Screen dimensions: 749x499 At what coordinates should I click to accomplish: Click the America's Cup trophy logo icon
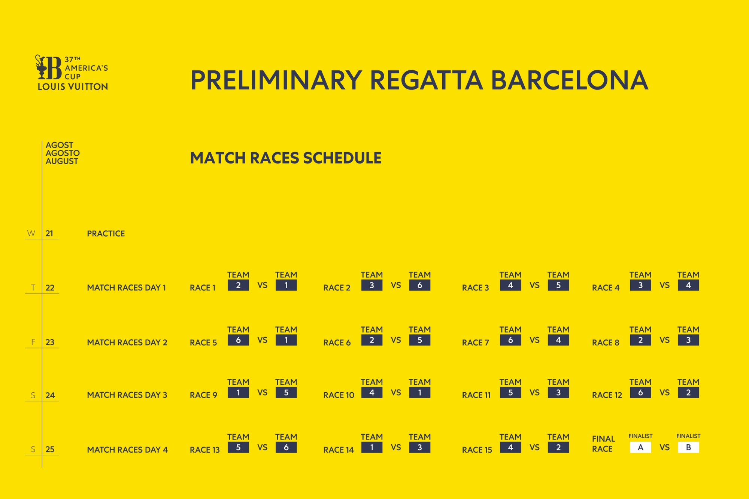(x=48, y=67)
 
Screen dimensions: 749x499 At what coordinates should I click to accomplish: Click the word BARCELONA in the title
(x=569, y=80)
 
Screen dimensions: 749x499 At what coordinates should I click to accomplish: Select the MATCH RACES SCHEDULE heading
(x=286, y=158)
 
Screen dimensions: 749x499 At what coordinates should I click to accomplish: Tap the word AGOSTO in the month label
(x=63, y=153)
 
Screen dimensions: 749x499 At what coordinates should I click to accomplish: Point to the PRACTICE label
(x=106, y=234)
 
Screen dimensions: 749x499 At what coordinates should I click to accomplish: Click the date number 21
(x=49, y=234)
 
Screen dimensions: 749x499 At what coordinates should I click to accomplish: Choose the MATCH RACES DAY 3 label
(x=127, y=395)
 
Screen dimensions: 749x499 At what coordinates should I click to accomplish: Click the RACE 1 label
(x=203, y=288)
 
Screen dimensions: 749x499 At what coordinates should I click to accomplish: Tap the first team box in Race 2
(x=372, y=285)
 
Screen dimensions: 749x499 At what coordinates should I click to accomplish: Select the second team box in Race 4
(x=688, y=285)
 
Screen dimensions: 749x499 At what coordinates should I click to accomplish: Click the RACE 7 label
(x=476, y=343)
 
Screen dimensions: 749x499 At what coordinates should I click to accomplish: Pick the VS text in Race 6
(x=396, y=340)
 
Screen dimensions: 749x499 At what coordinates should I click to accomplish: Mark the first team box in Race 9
(x=238, y=393)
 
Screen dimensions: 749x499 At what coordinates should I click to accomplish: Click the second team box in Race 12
(x=688, y=393)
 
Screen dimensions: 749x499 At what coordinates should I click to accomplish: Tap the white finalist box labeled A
(x=640, y=447)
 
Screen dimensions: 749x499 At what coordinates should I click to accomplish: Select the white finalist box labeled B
(x=688, y=447)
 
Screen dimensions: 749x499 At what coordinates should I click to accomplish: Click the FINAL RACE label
(x=603, y=444)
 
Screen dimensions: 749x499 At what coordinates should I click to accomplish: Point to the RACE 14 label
(x=339, y=450)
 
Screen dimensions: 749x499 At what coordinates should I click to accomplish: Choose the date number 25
(x=50, y=450)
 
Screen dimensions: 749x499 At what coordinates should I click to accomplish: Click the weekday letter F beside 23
(x=33, y=342)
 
